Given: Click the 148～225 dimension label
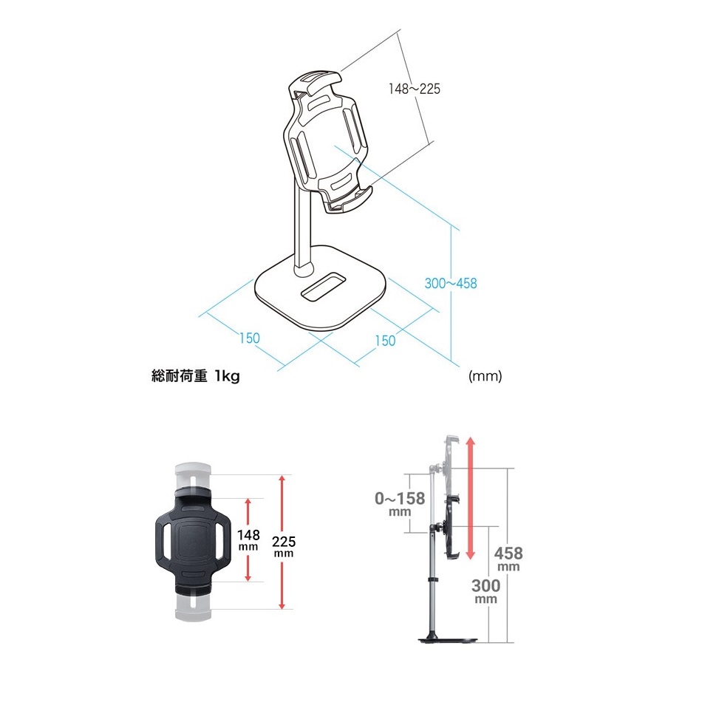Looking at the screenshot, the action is tap(414, 89).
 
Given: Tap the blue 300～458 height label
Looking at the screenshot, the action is tap(451, 283).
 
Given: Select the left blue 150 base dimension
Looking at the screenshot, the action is tap(249, 338).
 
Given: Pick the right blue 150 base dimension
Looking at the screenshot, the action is tap(385, 341).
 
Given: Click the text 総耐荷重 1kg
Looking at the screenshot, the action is tap(196, 375).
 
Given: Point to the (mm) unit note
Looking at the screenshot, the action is tap(485, 375).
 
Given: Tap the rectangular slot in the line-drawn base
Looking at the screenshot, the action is tap(323, 286).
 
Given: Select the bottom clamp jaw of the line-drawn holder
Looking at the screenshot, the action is tap(350, 200).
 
